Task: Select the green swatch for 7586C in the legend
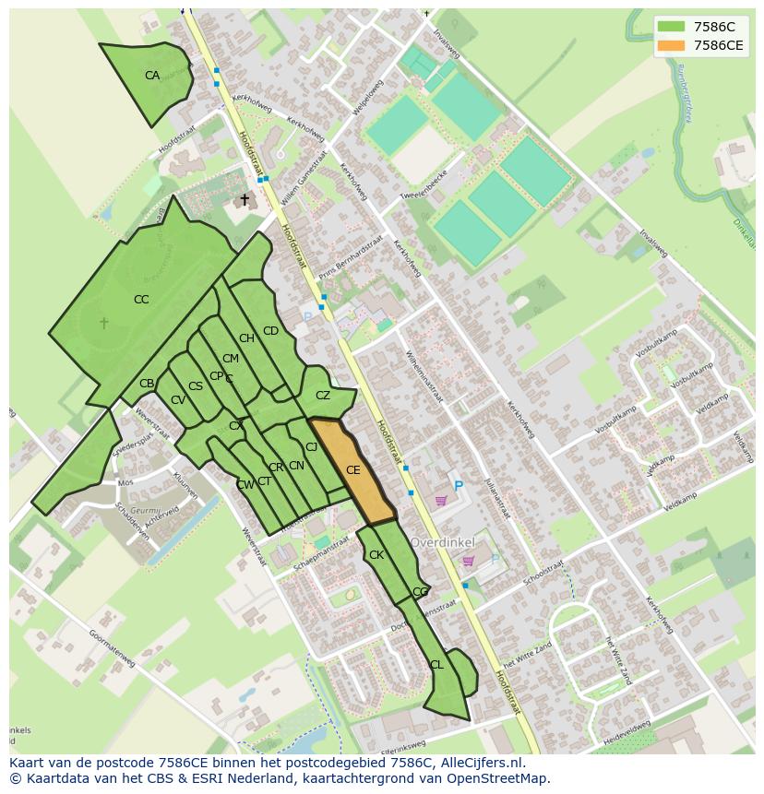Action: [x=671, y=27]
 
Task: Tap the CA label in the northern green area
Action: [x=152, y=76]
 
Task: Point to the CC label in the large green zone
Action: [x=141, y=300]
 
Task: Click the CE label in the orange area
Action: [x=352, y=470]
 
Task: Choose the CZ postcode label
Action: [x=323, y=396]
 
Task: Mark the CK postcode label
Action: [x=376, y=555]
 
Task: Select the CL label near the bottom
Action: [x=436, y=665]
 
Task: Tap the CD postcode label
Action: [x=270, y=331]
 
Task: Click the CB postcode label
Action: [x=147, y=384]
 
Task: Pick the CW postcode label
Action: [x=245, y=485]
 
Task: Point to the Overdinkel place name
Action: [x=448, y=542]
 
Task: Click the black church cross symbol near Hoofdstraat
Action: [x=245, y=199]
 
